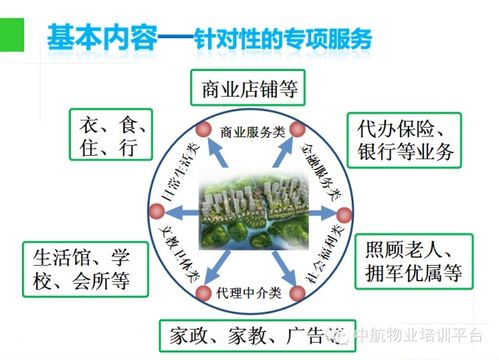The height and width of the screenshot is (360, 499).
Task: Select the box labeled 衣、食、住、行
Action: coord(109,137)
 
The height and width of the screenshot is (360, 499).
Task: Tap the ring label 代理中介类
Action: coord(251,293)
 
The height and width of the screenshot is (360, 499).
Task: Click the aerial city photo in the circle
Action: coord(250,211)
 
